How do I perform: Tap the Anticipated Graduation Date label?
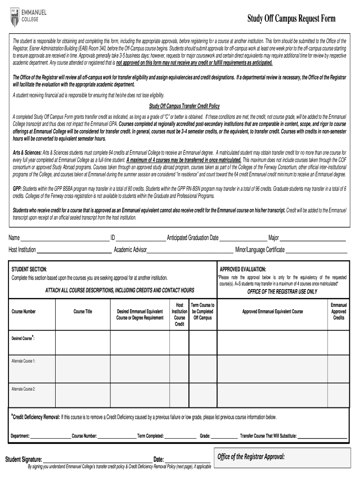[193, 238]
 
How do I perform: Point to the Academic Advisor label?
[130, 250]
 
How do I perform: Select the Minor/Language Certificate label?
[260, 250]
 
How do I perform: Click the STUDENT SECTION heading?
[29, 269]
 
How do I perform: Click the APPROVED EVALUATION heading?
[243, 269]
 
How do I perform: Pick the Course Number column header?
[24, 312]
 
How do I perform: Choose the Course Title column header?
[83, 312]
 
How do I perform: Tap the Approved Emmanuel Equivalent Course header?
[272, 312]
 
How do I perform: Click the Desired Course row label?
[23, 338]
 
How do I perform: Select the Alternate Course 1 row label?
[24, 361]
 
